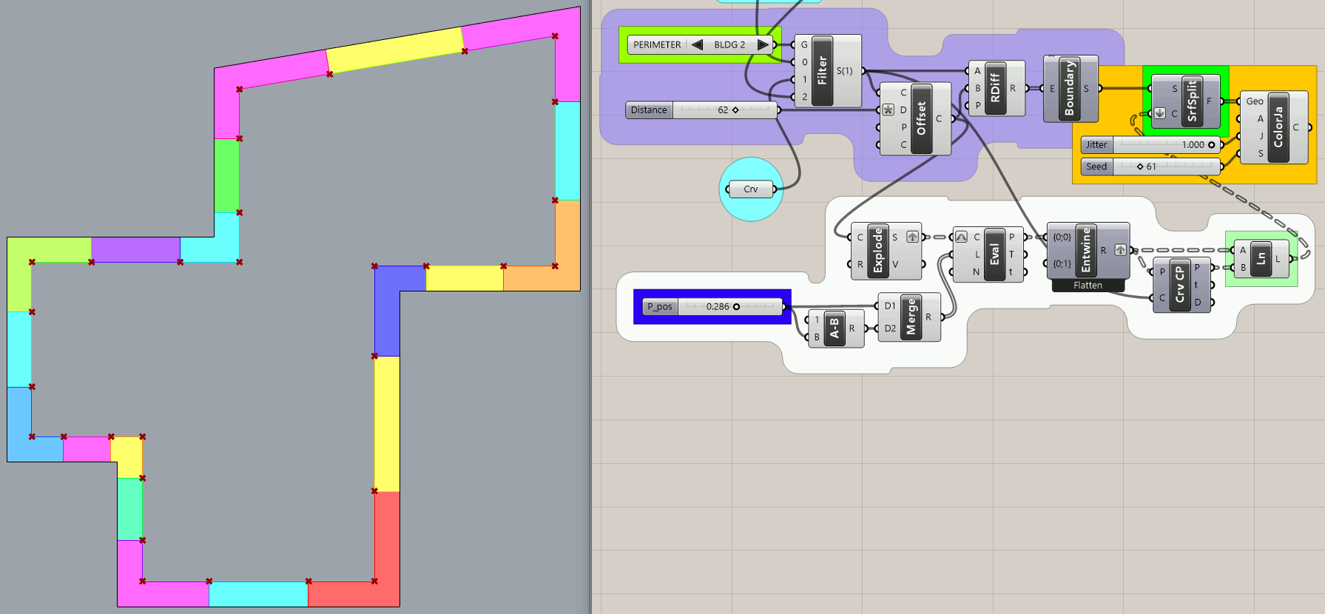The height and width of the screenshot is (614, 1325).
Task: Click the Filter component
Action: (x=822, y=71)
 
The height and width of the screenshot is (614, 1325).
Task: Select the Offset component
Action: (x=921, y=118)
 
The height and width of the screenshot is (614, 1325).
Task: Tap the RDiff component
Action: (x=995, y=88)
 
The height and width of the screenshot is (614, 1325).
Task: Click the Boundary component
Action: (x=1070, y=89)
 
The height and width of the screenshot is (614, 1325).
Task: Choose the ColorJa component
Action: (x=1278, y=127)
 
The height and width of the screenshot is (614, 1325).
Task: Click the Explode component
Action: (x=878, y=251)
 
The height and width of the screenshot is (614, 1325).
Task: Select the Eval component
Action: (x=994, y=254)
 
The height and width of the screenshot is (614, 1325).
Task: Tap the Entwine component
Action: (x=1086, y=250)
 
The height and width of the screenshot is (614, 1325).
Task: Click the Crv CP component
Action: (x=1179, y=285)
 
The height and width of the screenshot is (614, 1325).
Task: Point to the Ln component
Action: (x=1261, y=259)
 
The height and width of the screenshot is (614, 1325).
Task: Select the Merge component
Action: (x=911, y=317)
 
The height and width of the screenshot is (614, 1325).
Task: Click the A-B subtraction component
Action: (x=835, y=328)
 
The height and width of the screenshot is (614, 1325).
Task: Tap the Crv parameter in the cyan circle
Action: (x=751, y=189)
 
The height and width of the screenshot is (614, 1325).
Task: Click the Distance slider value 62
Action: (x=723, y=110)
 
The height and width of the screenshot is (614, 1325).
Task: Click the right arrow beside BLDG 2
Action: (x=763, y=44)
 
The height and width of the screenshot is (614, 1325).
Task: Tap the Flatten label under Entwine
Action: (x=1088, y=286)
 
